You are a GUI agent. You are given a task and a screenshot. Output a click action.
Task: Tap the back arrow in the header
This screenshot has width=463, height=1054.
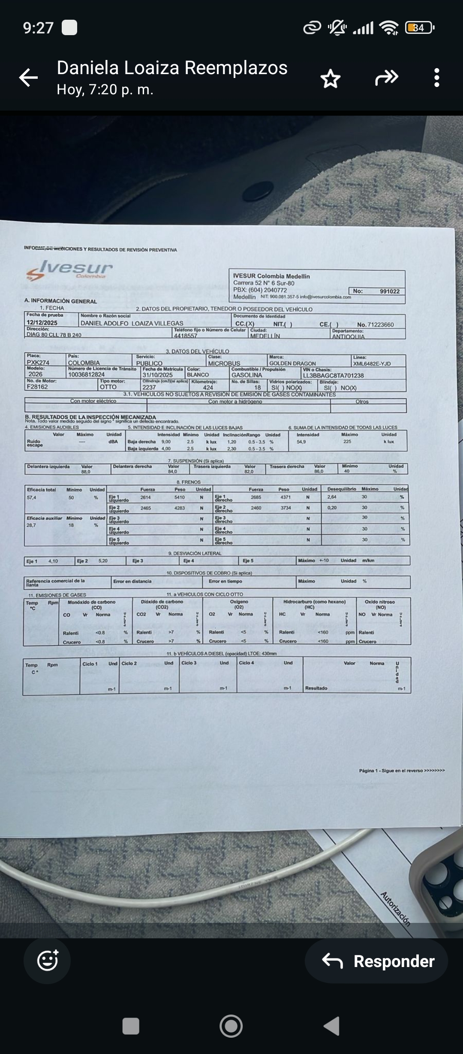pos(29,78)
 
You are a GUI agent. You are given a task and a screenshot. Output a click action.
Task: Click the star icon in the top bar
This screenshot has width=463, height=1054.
pos(330,78)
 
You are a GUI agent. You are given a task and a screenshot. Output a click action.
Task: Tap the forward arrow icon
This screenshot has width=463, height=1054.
pos(386,78)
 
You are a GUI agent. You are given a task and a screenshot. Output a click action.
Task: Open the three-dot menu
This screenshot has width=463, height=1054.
pos(436,78)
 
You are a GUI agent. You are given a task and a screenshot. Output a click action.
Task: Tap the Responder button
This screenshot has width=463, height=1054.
pos(377,961)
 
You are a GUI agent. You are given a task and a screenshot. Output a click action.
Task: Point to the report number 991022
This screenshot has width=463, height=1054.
pos(389,291)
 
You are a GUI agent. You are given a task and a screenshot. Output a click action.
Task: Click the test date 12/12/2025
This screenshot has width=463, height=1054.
pos(42,323)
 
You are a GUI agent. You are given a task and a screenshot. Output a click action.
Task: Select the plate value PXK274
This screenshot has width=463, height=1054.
pos(38,362)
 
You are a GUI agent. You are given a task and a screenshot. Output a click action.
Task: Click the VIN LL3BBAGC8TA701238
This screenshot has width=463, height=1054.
pos(333,375)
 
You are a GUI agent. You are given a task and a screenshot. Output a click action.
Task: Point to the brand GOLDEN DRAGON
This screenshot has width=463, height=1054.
pos(292,363)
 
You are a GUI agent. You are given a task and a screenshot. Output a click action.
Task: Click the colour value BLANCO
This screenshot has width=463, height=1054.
pos(198,374)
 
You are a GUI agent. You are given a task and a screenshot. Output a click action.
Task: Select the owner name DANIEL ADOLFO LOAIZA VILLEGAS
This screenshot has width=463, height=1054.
pos(132,323)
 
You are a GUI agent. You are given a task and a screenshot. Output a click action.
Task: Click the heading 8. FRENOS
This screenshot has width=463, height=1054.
pos(188,482)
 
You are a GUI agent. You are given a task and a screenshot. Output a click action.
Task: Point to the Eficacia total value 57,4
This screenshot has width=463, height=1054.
pos(32,497)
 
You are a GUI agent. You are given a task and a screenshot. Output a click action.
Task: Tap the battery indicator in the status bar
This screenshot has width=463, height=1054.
pos(419,28)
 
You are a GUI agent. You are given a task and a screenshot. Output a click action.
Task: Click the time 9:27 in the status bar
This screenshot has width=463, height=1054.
pos(38,28)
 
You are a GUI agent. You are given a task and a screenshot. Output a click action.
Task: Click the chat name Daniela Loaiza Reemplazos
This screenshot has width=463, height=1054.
pos(172,68)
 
